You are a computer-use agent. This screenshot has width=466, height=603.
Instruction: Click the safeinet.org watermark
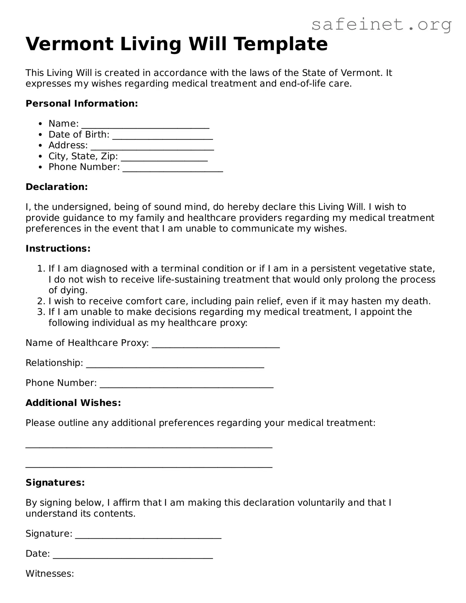(x=382, y=25)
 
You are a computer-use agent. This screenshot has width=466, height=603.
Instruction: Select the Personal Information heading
(x=82, y=103)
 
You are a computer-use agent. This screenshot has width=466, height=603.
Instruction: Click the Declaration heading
(x=57, y=187)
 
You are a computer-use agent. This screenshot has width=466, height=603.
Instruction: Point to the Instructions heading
(x=58, y=249)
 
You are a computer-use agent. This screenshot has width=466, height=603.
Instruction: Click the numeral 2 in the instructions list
(x=40, y=301)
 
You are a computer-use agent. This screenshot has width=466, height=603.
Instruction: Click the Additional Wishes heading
(x=73, y=403)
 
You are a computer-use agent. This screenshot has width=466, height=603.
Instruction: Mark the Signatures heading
(x=55, y=483)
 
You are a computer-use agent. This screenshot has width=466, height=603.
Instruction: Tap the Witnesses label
(x=50, y=574)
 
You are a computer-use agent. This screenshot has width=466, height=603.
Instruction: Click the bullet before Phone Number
(x=41, y=167)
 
